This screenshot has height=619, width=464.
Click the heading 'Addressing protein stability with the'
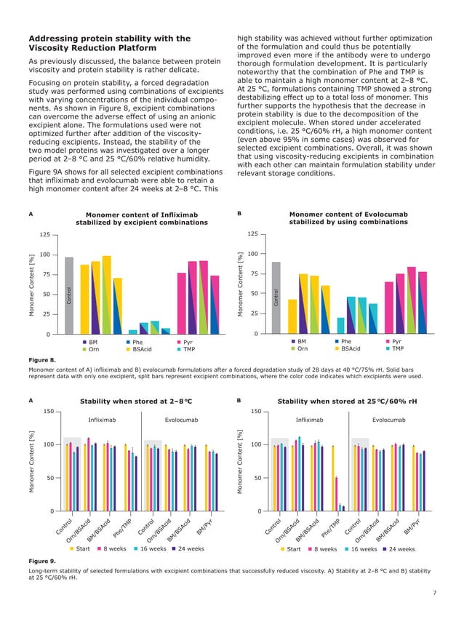(109, 39)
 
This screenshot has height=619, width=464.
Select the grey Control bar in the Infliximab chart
(69, 295)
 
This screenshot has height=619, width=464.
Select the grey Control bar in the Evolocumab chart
(276, 298)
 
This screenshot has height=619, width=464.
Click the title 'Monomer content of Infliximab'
(142, 215)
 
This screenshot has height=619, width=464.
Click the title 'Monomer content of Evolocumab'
(348, 215)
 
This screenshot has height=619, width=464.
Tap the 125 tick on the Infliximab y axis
(44, 235)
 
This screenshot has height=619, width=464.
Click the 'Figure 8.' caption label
(41, 360)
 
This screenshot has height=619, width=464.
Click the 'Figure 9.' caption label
(41, 562)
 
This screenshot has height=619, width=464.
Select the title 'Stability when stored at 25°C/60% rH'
(348, 401)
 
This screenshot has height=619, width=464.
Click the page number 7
(434, 594)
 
